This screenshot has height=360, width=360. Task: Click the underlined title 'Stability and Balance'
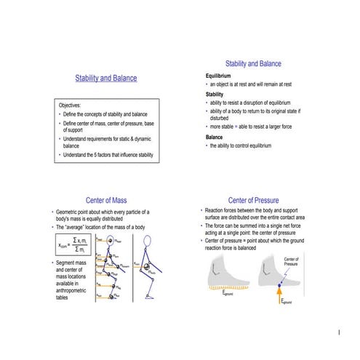pyautogui.click(x=105, y=78)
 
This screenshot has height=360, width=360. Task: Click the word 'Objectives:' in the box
pyautogui.click(x=70, y=105)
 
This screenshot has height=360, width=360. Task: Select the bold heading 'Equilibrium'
pyautogui.click(x=218, y=76)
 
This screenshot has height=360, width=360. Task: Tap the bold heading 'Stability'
pyautogui.click(x=215, y=94)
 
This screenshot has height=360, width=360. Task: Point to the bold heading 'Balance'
pyautogui.click(x=215, y=137)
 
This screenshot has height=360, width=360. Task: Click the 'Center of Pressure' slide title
pyautogui.click(x=253, y=200)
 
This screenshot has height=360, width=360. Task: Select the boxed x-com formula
pyautogui.click(x=75, y=246)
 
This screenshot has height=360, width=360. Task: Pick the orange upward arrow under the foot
pyautogui.click(x=279, y=295)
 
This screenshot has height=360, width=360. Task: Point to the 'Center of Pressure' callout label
pyautogui.click(x=291, y=262)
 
